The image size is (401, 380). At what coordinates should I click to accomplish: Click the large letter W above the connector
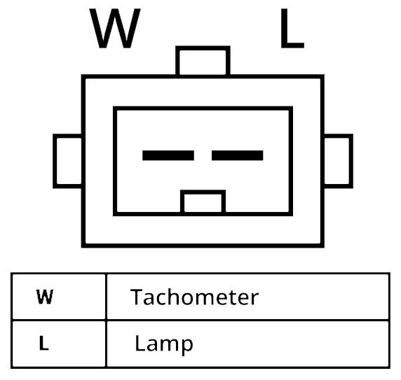click(115, 28)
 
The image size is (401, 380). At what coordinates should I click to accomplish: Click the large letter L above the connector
click(292, 28)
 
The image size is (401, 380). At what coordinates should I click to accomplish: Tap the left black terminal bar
click(168, 155)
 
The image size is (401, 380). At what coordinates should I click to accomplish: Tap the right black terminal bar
click(238, 155)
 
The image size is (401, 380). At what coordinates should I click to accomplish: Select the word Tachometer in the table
click(194, 297)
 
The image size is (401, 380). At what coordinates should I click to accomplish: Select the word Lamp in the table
click(163, 344)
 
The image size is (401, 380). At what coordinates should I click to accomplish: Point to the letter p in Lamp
click(186, 346)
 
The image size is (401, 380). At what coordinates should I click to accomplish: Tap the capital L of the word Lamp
click(140, 343)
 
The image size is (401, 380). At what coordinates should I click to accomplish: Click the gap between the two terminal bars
click(203, 155)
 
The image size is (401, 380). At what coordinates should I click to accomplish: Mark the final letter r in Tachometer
click(254, 299)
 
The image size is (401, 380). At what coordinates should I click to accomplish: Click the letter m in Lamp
click(169, 345)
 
